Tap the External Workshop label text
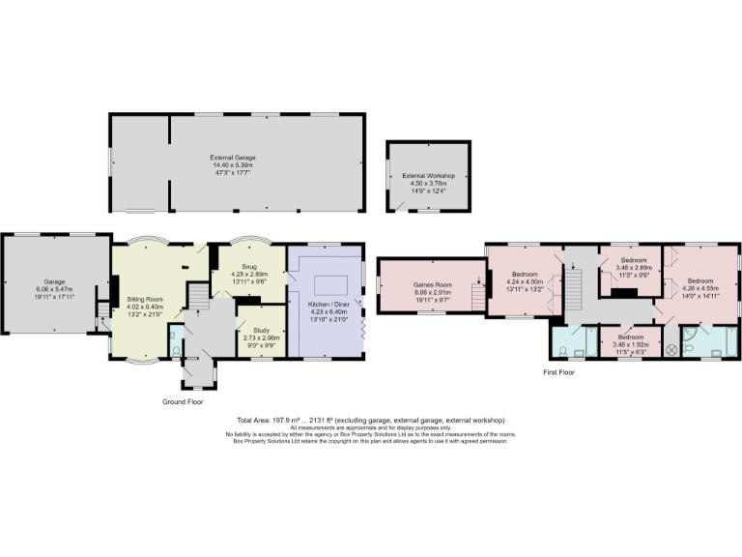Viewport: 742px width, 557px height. pos(428,176)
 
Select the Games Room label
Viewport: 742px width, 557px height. pos(433,286)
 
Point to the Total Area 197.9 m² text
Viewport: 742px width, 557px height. pos(280,421)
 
